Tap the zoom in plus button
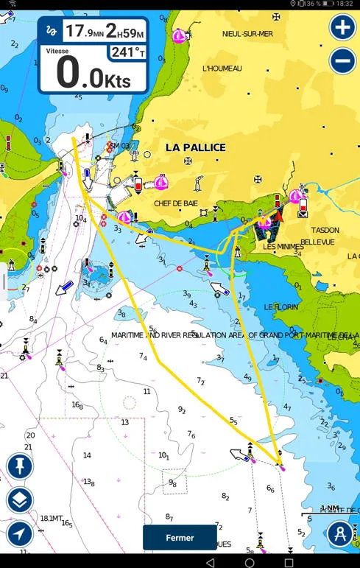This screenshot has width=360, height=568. point(342,28)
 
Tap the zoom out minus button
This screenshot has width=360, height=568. point(342,60)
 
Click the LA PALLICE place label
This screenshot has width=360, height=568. point(195,147)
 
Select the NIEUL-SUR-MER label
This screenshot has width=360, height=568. point(247,34)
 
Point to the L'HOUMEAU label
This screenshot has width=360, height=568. point(222,69)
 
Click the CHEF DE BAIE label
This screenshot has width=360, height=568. point(176,203)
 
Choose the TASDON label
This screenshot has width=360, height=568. point(325,230)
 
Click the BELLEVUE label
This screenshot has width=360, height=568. point(317,242)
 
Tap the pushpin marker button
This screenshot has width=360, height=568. point(20,466)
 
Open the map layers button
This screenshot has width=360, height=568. point(20,501)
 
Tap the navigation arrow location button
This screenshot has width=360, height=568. point(20,533)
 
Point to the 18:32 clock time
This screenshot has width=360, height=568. point(345,4)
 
